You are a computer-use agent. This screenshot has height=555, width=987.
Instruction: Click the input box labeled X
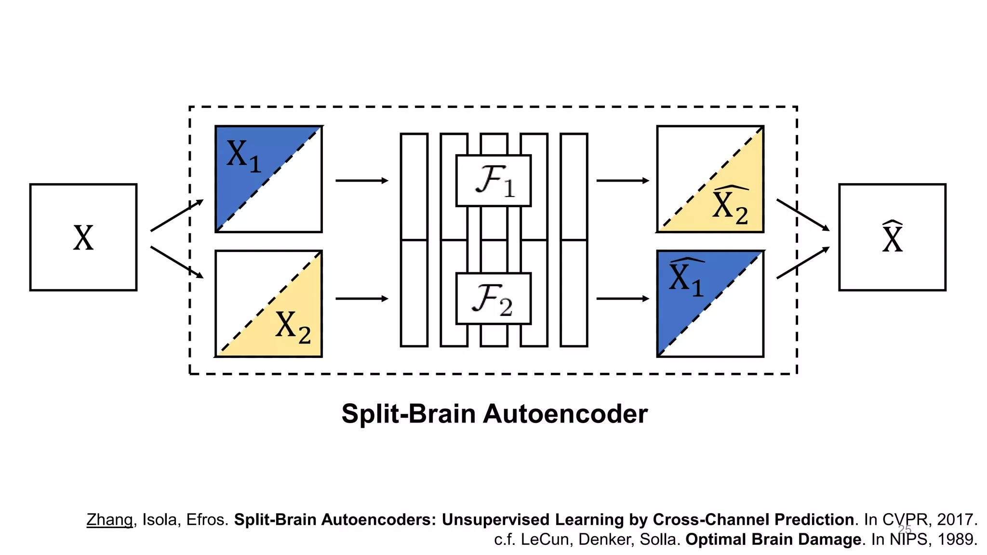83,237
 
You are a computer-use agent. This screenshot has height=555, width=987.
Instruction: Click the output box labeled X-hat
892,237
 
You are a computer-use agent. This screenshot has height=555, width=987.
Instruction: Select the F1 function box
493,181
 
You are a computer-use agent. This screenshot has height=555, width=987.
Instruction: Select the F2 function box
493,299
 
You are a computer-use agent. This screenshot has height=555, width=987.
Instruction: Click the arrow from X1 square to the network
361,181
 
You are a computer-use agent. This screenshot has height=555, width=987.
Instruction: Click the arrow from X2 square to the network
361,299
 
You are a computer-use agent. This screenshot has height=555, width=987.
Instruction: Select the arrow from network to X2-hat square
623,181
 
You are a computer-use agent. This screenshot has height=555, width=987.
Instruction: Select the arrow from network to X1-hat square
623,299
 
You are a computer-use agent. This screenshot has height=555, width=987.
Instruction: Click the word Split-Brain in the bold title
408,414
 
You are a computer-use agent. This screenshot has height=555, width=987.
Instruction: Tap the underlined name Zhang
109,520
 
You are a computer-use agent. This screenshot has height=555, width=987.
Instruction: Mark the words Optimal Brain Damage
773,540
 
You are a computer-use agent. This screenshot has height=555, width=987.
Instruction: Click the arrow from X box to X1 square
177,215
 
